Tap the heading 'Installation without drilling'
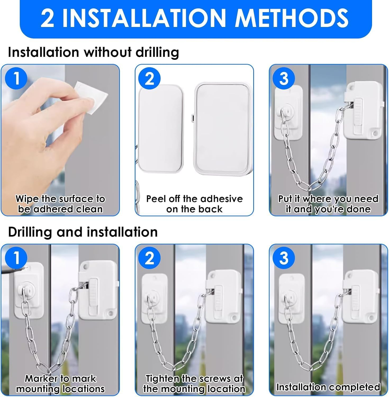point(93,52)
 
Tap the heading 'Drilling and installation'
point(83,232)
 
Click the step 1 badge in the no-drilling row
point(16,78)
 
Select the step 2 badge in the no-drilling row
point(150,78)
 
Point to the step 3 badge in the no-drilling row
point(284,78)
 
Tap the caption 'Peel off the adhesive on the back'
point(194,204)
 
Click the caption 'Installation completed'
point(328,387)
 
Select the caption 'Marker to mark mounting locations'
point(60,384)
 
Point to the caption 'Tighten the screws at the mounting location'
point(194,384)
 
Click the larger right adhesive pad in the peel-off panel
point(222,128)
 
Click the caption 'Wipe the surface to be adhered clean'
point(60,204)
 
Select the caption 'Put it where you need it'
point(328,204)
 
